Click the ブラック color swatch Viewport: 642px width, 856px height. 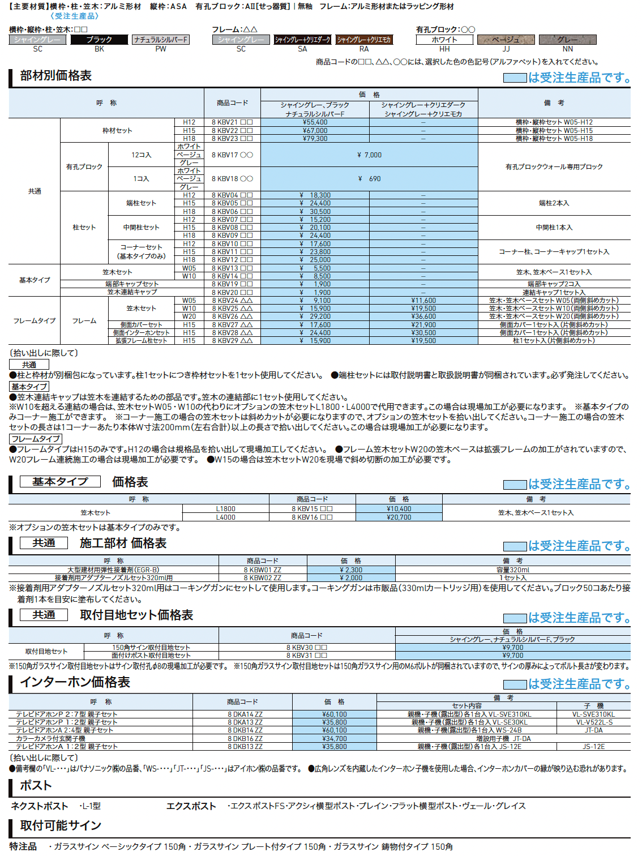tap(99, 40)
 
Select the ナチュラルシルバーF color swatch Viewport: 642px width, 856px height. tap(161, 40)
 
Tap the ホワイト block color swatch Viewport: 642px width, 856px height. tap(444, 40)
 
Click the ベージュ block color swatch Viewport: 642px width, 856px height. tap(506, 40)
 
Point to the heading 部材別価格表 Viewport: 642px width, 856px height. tap(55, 76)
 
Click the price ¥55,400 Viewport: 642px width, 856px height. tap(315, 122)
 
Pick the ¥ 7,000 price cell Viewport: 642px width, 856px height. tap(369, 155)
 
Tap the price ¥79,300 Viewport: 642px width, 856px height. tap(315, 138)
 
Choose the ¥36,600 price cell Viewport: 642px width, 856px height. tap(423, 316)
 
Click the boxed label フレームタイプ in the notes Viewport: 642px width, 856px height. tap(36, 439)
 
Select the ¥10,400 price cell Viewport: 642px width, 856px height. tap(399, 509)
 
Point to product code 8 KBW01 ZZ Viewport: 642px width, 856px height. tap(262, 570)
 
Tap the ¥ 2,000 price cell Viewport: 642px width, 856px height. tap(351, 578)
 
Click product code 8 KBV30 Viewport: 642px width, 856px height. tap(306, 647)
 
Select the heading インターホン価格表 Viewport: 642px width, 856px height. tap(75, 682)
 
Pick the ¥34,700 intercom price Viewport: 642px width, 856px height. tap(334, 739)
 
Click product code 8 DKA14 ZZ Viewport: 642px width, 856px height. tap(245, 714)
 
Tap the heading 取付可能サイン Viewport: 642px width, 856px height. tap(61, 825)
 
